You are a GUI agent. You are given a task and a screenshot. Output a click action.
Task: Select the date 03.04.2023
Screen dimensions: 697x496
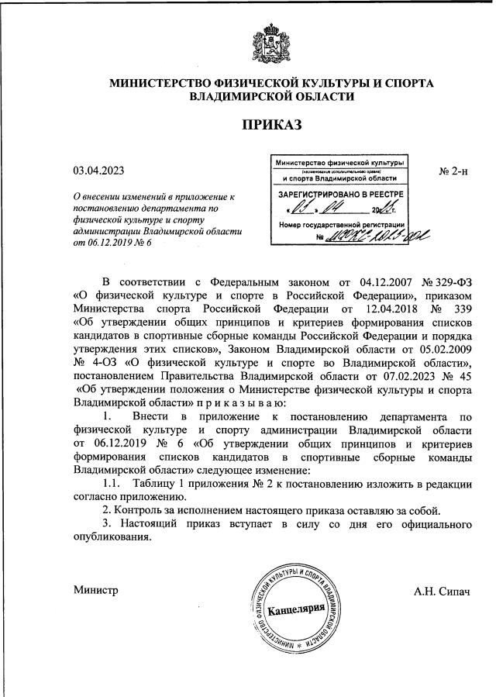coord(98,171)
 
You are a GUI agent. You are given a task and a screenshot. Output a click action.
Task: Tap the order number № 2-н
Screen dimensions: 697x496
coord(453,171)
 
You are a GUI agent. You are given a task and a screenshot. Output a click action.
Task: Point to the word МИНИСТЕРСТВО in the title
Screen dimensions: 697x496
coord(177,82)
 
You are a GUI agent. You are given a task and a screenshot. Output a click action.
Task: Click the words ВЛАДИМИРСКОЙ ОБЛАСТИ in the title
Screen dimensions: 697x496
coord(271,97)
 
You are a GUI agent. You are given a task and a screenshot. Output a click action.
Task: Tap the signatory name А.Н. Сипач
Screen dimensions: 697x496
coord(443,591)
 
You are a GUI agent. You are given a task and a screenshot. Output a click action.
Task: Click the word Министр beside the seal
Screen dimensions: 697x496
coord(95,591)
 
